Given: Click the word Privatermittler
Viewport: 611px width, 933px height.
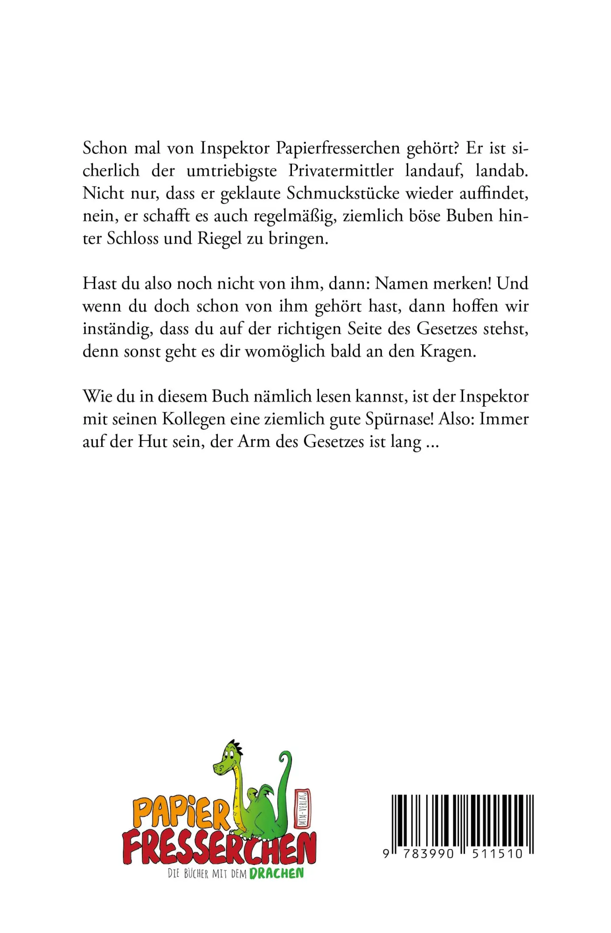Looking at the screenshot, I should pos(340,171).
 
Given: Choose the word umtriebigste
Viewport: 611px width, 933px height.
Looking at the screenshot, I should pos(231,171).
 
